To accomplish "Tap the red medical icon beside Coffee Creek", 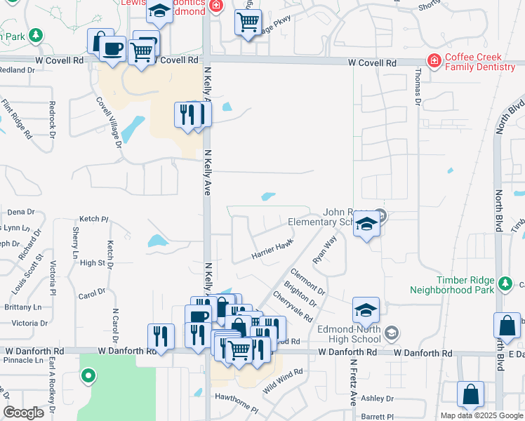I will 435,61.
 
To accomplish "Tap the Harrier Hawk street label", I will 272,250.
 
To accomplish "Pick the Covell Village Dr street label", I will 109,122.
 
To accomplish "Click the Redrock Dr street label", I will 51,115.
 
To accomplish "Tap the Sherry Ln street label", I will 75,243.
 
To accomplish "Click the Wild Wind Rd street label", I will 283,381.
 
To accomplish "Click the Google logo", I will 23,412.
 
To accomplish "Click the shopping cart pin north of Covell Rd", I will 248,23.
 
